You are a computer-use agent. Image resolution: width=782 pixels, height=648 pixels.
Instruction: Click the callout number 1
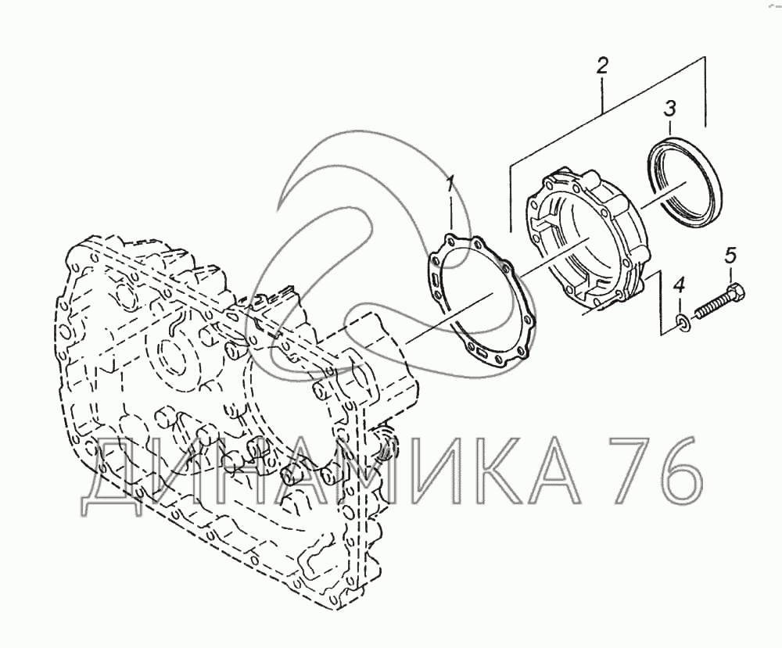point(450,184)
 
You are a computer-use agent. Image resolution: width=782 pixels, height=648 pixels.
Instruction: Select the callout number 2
point(602,66)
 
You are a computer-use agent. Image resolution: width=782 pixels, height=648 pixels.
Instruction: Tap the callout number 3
point(670,108)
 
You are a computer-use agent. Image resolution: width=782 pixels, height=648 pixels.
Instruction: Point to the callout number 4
point(680,286)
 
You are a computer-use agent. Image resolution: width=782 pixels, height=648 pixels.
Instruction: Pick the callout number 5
point(730,256)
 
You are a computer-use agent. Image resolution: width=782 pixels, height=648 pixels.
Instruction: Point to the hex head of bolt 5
point(737,292)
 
